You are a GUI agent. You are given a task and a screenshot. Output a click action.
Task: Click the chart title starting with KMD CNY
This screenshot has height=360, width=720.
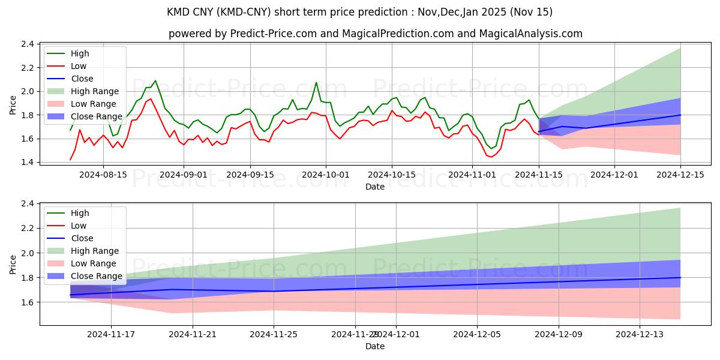(360, 12)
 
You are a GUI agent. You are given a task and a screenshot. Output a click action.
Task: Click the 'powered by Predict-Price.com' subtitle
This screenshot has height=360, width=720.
(375, 34)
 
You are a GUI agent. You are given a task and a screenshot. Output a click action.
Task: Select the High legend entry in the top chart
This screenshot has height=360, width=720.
(80, 53)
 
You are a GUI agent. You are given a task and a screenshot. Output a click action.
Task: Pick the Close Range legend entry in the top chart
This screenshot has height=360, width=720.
(96, 116)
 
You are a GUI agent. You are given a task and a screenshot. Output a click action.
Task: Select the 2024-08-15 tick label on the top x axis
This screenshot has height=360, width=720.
(103, 175)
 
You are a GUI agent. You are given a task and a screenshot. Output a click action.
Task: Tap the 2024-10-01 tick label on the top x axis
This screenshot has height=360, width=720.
(326, 175)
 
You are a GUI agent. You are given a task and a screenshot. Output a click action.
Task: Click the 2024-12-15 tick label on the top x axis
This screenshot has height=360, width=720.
(680, 175)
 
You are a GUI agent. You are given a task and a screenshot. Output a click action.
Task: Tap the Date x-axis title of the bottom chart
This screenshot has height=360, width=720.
(375, 347)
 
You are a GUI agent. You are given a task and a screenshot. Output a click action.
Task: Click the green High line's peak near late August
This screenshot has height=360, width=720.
(155, 80)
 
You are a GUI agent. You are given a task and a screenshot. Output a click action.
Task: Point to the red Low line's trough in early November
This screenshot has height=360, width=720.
(491, 157)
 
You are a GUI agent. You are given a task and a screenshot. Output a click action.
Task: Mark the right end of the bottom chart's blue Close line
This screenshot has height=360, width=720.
(680, 277)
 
